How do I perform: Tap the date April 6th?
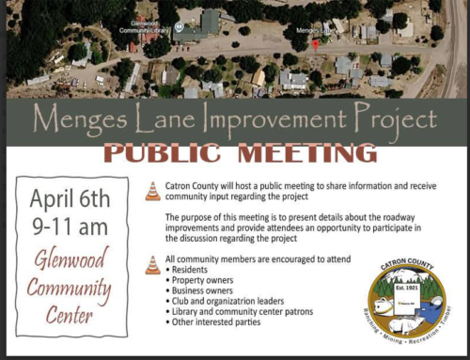point(70,199)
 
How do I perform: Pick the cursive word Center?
point(70,316)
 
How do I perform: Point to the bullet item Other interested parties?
point(214,322)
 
